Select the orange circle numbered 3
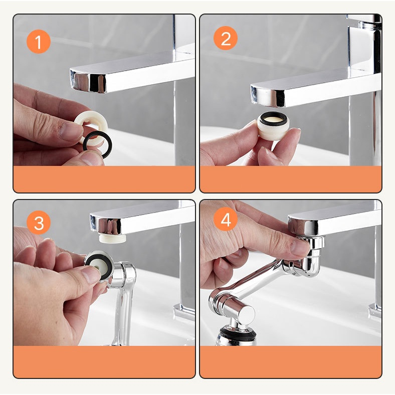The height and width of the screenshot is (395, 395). pos(38,222)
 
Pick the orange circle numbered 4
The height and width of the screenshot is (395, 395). pos(226,220)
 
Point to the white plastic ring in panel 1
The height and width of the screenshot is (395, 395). pos(88,125)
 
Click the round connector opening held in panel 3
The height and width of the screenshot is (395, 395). pos(97,263)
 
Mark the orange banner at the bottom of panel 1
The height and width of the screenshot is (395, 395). pos(104,179)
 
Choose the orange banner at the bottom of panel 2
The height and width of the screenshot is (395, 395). pos(290,179)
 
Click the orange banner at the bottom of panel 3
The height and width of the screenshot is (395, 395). pos(104,361)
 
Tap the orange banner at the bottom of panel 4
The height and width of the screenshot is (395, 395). pos(290,361)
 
